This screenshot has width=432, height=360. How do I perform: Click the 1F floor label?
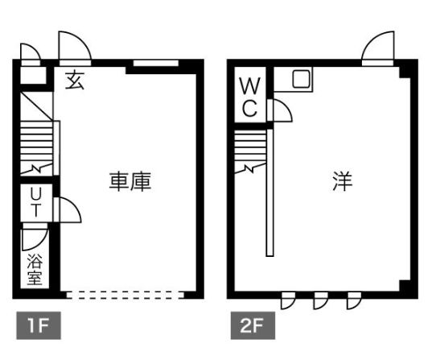click(39, 325)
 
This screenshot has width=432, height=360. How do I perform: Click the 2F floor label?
click(253, 325)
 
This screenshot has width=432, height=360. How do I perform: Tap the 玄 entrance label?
click(74, 80)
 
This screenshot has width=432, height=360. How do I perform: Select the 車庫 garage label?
click(130, 181)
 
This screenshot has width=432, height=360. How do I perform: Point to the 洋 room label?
click(343, 181)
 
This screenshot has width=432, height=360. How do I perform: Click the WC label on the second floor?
click(250, 97)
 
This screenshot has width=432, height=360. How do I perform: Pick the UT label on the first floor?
click(36, 202)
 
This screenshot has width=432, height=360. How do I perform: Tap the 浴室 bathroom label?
click(35, 269)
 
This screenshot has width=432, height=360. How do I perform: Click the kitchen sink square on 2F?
click(301, 79)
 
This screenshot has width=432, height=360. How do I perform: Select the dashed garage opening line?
click(125, 295)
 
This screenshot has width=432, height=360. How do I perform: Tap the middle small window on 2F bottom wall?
click(321, 300)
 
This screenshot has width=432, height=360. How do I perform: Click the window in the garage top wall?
click(156, 63)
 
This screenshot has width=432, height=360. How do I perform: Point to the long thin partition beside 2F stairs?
click(269, 192)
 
